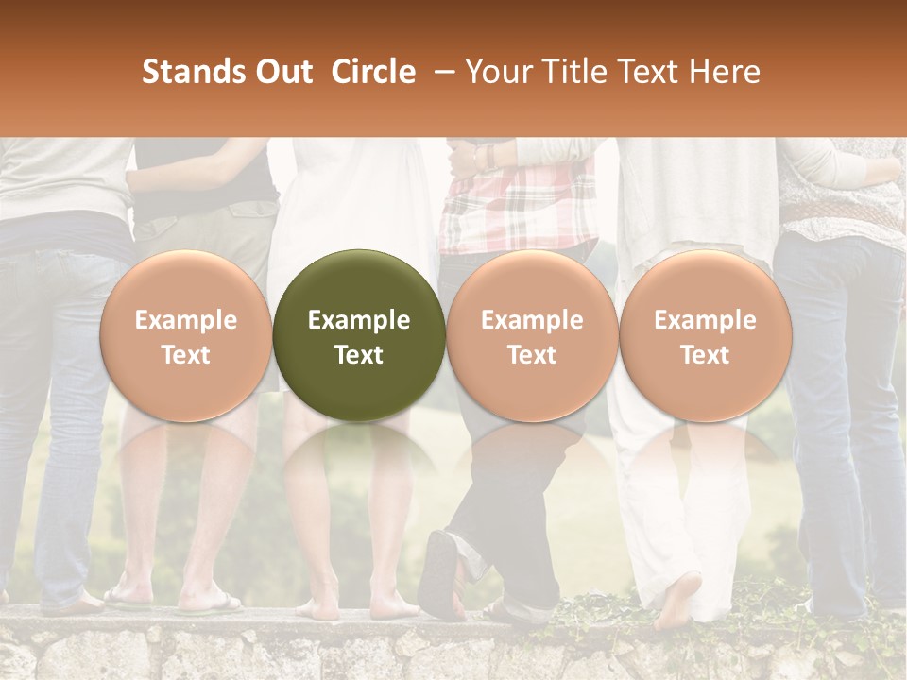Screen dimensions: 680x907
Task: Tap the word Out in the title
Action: click(282, 73)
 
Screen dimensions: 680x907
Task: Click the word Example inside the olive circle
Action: click(359, 320)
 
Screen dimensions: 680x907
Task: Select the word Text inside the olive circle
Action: click(359, 355)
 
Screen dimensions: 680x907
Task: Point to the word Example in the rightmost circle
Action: click(705, 320)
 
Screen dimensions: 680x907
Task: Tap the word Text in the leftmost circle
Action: click(185, 355)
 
